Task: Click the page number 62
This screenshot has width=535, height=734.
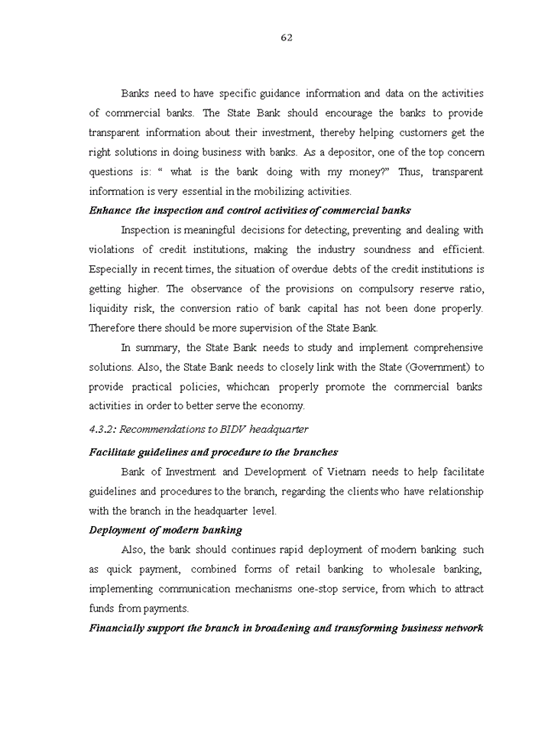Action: pos(287,37)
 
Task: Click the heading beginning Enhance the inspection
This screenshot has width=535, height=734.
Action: pos(250,210)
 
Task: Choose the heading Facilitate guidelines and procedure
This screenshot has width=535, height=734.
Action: pos(213,452)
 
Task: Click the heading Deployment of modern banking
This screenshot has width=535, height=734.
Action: pos(165,530)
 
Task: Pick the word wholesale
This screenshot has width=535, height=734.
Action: pos(413,569)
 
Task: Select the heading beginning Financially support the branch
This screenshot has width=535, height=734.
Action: pos(286,628)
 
